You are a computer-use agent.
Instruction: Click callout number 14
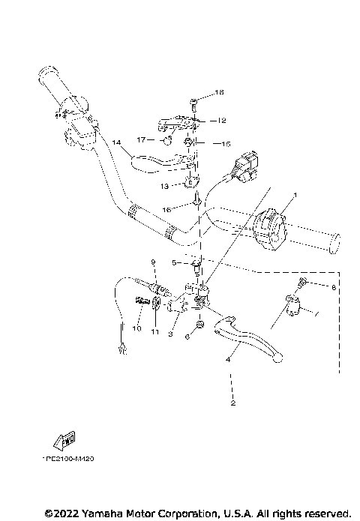[116, 142]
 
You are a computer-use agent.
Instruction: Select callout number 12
[222, 120]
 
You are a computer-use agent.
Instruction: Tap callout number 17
[140, 139]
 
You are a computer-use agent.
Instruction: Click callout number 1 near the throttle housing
[295, 194]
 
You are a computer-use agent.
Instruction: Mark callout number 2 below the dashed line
[233, 404]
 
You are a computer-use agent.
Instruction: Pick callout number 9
[153, 262]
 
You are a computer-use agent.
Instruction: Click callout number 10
[137, 328]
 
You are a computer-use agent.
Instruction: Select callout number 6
[187, 338]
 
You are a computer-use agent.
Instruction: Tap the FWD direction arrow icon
[64, 439]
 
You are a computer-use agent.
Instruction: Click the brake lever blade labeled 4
[247, 334]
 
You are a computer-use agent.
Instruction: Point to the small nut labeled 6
[200, 325]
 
